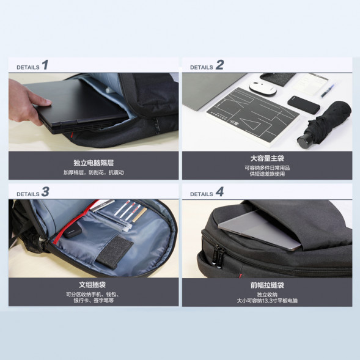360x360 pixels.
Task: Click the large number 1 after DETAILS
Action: pos(45,65)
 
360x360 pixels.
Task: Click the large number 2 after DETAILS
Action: pos(219,65)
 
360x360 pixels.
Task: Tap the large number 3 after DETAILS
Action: pos(45,191)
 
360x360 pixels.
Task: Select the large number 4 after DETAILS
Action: pos(219,191)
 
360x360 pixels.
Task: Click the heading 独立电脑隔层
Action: pos(94,163)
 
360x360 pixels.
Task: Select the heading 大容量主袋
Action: pos(267,158)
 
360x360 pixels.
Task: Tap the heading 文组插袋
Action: pos(94,284)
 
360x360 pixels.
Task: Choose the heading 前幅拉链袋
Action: pos(267,284)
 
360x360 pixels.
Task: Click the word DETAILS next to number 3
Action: pos(28,194)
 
